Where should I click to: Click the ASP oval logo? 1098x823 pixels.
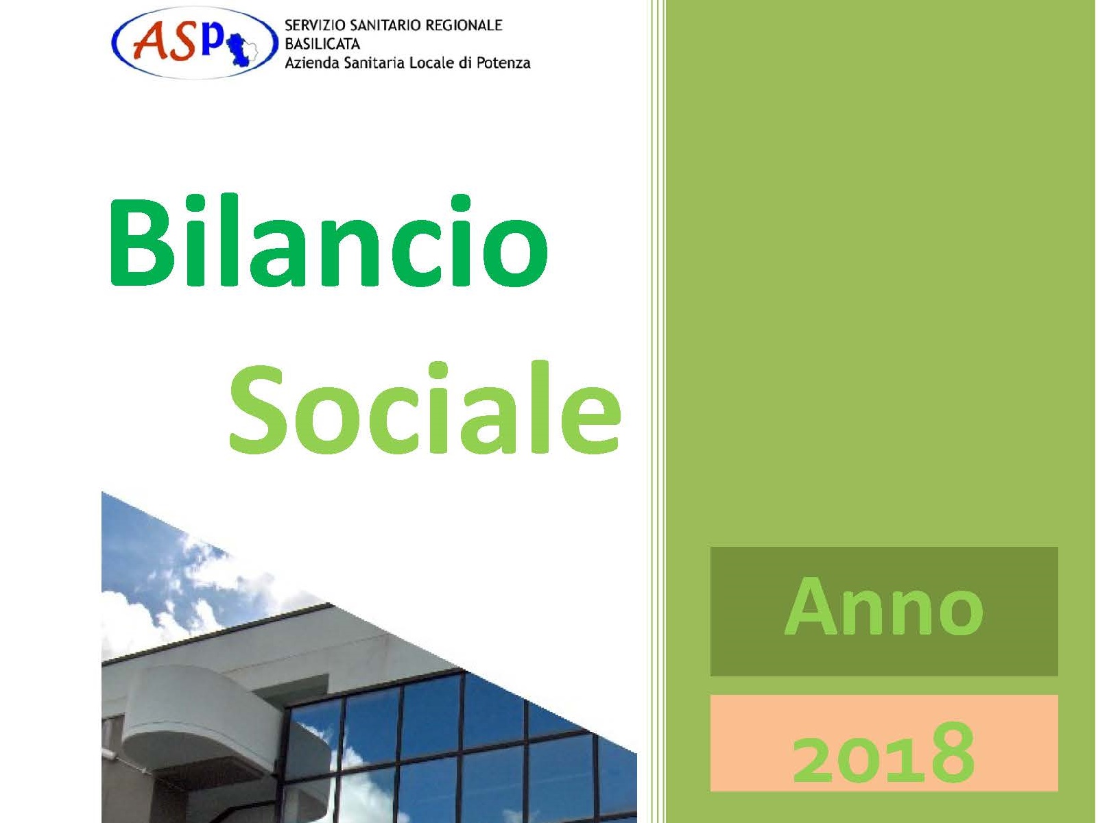pos(195,43)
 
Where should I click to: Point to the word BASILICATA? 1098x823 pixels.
pos(322,45)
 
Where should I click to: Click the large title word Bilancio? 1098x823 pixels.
pos(329,241)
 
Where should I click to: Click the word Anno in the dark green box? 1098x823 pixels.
pos(884,606)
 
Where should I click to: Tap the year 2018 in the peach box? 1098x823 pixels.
pos(883,752)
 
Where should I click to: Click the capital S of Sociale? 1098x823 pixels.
pos(258,410)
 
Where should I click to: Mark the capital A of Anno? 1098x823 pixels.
pos(811,606)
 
